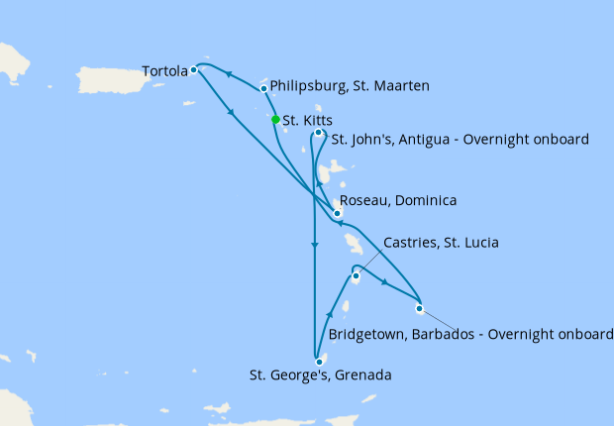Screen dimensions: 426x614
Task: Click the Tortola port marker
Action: pos(194,70)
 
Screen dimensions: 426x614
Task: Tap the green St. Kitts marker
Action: pos(275,120)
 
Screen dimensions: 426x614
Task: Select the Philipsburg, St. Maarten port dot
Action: pos(263,88)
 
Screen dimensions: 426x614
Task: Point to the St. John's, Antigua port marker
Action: pos(318,133)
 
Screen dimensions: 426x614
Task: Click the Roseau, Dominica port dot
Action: pos(338,213)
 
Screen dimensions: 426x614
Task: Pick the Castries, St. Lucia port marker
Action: pos(356,276)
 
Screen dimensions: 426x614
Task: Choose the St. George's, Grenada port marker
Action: pos(319,362)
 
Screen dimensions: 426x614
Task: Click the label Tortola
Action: pos(164,71)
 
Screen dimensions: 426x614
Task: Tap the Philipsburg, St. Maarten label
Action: pos(350,87)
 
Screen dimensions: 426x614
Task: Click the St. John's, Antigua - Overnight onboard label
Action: pos(460,140)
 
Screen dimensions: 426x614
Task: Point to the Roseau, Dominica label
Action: pos(398,201)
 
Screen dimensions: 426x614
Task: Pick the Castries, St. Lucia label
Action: pos(441,243)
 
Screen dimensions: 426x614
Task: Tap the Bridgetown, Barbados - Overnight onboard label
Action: pos(471,335)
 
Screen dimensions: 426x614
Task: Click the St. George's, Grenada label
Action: pos(320,376)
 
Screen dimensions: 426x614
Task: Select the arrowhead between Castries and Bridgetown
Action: pos(383,283)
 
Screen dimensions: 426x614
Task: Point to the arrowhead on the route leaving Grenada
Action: pos(329,315)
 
